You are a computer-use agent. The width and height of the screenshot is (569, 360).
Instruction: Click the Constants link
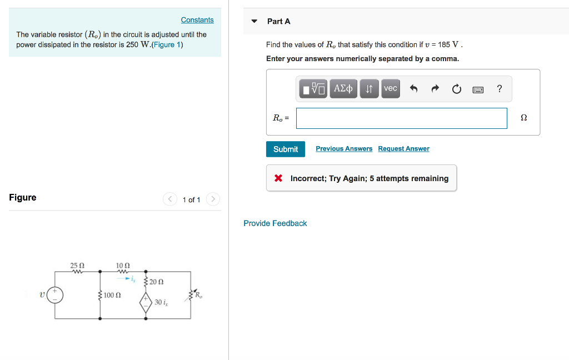pyautogui.click(x=197, y=20)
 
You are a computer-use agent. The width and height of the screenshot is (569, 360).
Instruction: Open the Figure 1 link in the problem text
pyautogui.click(x=167, y=44)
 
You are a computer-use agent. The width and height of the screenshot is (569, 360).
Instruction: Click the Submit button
pyautogui.click(x=286, y=149)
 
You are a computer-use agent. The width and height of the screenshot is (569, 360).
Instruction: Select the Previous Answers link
pyautogui.click(x=344, y=148)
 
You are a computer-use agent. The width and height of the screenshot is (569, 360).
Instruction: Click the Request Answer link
pyautogui.click(x=403, y=148)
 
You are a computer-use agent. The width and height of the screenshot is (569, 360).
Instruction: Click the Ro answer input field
pyautogui.click(x=401, y=118)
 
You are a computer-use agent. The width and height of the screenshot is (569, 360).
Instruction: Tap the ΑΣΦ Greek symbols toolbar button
pyautogui.click(x=343, y=88)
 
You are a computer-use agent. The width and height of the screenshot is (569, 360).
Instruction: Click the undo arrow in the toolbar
pyautogui.click(x=413, y=88)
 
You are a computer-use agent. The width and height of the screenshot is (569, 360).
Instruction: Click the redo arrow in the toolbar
pyautogui.click(x=435, y=88)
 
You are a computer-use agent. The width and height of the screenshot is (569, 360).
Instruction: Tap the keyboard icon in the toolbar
pyautogui.click(x=478, y=89)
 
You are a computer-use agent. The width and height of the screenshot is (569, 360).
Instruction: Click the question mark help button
pyautogui.click(x=500, y=88)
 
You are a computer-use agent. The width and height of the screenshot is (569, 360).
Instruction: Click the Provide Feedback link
pyautogui.click(x=275, y=223)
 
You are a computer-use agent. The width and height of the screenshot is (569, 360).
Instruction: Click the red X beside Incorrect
pyautogui.click(x=278, y=178)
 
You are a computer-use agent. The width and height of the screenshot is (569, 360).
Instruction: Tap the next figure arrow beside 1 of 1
pyautogui.click(x=213, y=199)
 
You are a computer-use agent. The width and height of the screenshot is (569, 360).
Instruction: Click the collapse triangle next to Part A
pyautogui.click(x=254, y=21)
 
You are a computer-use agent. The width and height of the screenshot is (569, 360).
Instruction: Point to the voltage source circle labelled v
pyautogui.click(x=54, y=295)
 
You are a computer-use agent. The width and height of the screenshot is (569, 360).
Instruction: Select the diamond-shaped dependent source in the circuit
pyautogui.click(x=147, y=302)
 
